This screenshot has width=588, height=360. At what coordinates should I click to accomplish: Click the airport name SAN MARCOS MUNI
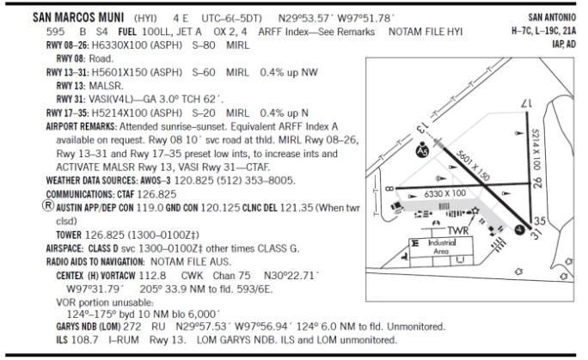coord(78,17)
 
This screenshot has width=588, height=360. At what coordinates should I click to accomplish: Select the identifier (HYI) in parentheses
coord(145,18)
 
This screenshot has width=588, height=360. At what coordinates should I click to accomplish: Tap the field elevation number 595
coord(56,32)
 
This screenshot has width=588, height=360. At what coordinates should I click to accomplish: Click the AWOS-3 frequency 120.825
coord(194,180)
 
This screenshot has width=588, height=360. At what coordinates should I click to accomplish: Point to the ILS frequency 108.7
coord(85,340)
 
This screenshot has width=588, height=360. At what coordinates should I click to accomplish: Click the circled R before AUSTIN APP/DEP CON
coord(48,205)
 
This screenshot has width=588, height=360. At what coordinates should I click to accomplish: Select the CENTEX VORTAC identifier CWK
coord(192,276)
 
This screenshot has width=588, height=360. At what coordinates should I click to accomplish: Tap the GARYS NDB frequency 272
coord(132,326)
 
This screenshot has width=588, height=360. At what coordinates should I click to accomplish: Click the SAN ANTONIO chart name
coord(552,17)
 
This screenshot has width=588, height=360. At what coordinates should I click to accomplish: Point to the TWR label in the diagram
coord(458,230)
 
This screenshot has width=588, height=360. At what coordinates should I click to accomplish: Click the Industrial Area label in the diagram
coord(442,247)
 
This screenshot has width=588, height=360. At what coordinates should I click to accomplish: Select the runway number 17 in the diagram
coord(527,103)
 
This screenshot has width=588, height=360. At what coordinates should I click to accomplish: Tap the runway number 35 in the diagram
coord(539,221)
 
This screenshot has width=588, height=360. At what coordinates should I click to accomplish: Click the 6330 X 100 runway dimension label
coord(444,193)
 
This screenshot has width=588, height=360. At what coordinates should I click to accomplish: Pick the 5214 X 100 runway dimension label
coord(536,149)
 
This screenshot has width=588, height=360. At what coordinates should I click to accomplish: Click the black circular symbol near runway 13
coord(422,150)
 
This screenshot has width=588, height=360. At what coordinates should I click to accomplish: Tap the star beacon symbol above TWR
coord(475,211)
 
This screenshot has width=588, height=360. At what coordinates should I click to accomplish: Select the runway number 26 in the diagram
coord(537,183)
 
